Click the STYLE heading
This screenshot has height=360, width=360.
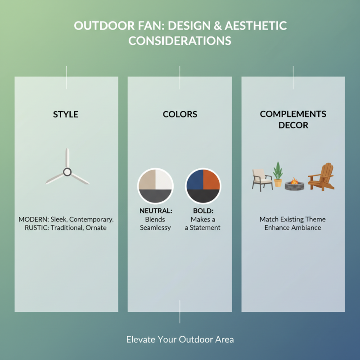tap(66, 114)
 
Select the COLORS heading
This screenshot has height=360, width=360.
tap(180, 114)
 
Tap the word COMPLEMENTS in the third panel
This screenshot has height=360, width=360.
tap(293, 114)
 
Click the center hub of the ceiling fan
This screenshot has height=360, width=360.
tap(67, 171)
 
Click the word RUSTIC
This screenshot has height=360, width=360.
tap(31, 228)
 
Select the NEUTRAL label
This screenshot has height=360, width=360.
tap(155, 211)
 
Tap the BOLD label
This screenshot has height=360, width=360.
tap(203, 211)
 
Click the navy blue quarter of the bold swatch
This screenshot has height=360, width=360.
tap(195, 180)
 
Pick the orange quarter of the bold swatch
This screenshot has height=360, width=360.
tap(211, 180)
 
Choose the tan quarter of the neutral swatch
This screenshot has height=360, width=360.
tap(147, 180)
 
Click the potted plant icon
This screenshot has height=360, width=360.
tap(278, 174)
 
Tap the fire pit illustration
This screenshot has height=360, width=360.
tap(295, 184)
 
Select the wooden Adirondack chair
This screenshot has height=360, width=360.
tap(321, 177)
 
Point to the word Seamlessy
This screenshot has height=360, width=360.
tap(155, 228)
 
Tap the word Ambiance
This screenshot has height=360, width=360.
tap(309, 228)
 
